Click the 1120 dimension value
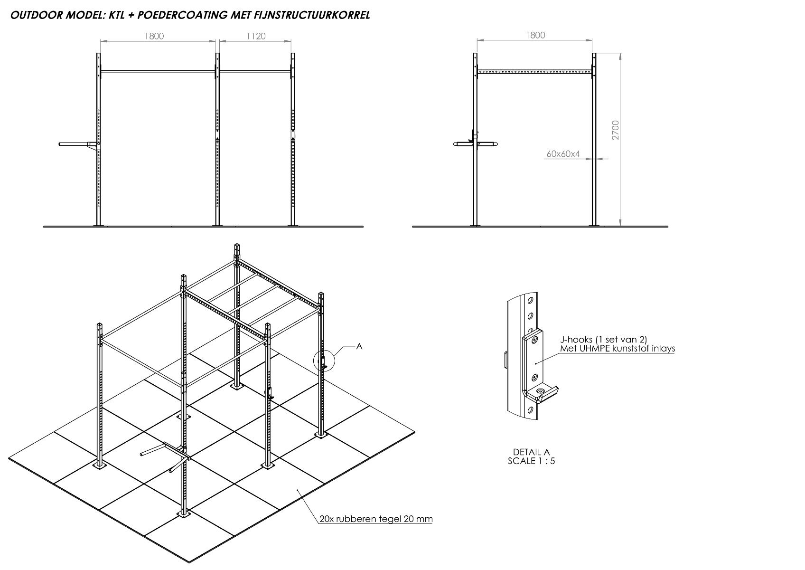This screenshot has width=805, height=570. pyautogui.click(x=256, y=36)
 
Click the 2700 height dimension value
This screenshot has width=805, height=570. pyautogui.click(x=616, y=130)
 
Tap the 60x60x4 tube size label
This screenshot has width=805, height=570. pyautogui.click(x=563, y=154)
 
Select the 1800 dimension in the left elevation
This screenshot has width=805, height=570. pyautogui.click(x=154, y=36)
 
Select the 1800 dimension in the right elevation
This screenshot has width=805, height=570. pyautogui.click(x=535, y=35)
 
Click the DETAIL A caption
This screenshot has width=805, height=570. pyautogui.click(x=531, y=452)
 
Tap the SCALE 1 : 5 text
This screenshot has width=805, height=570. pyautogui.click(x=531, y=461)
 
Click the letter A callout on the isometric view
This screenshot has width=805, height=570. pyautogui.click(x=359, y=346)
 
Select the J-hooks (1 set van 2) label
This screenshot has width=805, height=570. pyautogui.click(x=603, y=340)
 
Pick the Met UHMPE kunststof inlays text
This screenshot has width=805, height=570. pyautogui.click(x=618, y=349)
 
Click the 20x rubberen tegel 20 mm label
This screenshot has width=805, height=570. pyautogui.click(x=376, y=519)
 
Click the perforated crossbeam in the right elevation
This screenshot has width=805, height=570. pyautogui.click(x=534, y=72)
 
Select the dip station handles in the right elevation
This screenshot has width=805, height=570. pyautogui.click(x=476, y=144)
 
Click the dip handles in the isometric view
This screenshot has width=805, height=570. pyautogui.click(x=165, y=456)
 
